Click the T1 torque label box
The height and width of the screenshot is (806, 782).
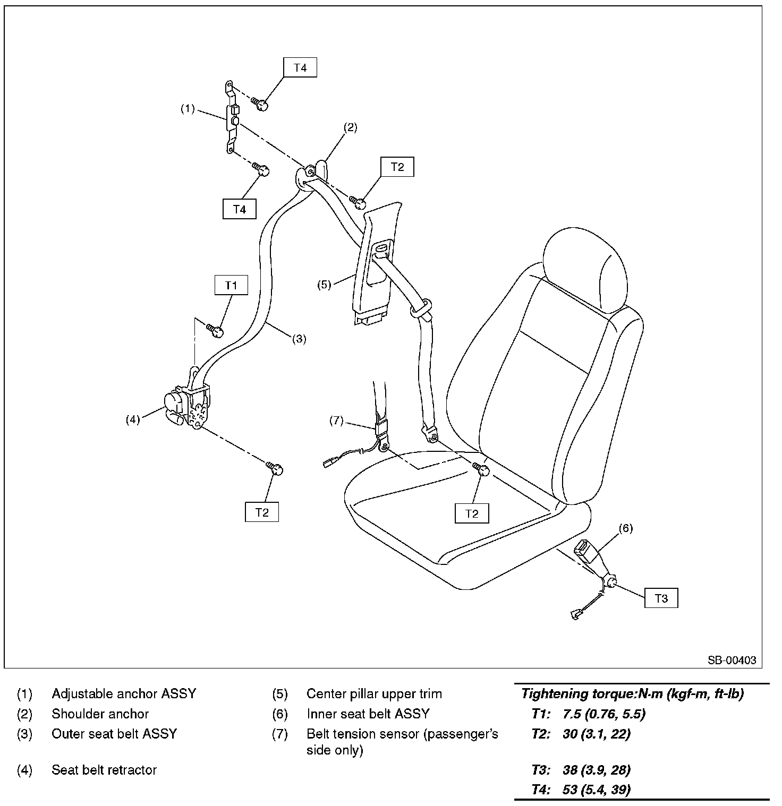click(231, 285)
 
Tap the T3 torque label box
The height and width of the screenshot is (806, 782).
click(661, 598)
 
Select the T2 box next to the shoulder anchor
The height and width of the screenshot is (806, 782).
click(397, 167)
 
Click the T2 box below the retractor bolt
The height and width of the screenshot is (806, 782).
click(262, 512)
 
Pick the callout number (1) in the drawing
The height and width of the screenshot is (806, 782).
click(188, 109)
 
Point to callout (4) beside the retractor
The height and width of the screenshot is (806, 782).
click(132, 419)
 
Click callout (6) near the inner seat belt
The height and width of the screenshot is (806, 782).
click(626, 528)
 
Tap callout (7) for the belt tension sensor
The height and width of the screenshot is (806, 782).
click(337, 421)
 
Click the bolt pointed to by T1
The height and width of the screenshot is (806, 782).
click(215, 331)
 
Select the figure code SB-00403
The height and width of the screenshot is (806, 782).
click(731, 660)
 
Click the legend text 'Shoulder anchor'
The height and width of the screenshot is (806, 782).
click(100, 714)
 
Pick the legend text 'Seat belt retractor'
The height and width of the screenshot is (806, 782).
click(104, 769)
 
